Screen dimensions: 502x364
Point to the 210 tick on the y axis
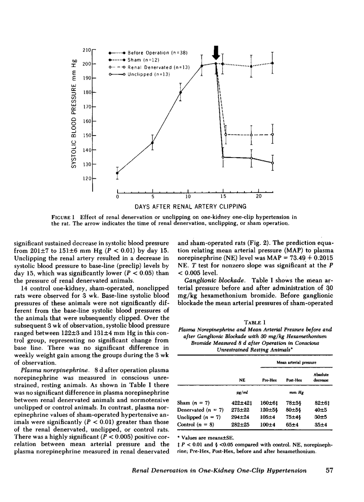pyautogui.click(x=87, y=50)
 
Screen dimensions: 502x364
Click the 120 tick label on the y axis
pyautogui.click(x=86, y=179)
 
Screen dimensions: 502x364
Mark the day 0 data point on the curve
pyautogui.click(x=118, y=173)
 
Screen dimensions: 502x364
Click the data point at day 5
pyautogui.click(x=152, y=143)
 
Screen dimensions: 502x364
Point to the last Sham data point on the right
pyautogui.click(x=272, y=63)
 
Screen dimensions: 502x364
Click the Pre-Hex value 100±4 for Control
pyautogui.click(x=269, y=424)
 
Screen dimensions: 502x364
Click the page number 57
pyautogui.click(x=330, y=471)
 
